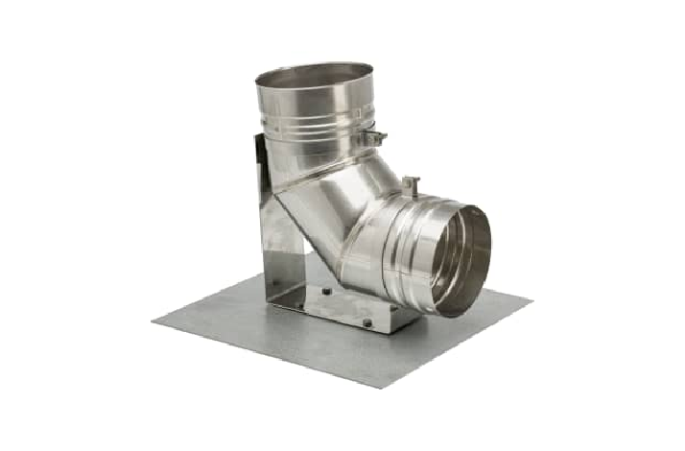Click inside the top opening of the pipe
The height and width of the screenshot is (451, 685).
click(x=315, y=75)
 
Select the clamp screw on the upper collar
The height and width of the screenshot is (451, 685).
click(x=376, y=138)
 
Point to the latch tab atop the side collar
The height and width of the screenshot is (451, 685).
click(x=412, y=183)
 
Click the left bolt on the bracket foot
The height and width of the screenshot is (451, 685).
click(x=327, y=291)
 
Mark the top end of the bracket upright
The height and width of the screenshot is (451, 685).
click(x=259, y=140)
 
